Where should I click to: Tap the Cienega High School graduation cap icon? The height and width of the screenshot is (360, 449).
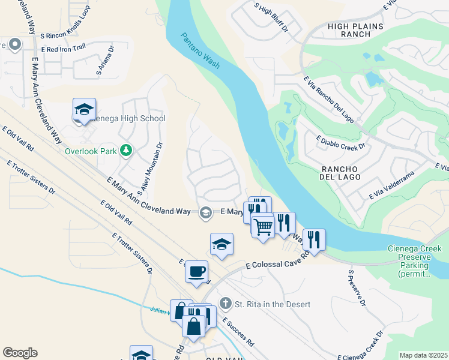click(84, 110)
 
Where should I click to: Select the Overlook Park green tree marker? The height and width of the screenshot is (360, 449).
click(126, 150)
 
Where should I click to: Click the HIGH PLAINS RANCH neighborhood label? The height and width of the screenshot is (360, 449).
click(354, 30)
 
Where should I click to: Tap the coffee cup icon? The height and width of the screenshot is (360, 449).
click(196, 272)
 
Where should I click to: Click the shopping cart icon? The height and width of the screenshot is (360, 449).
click(262, 226)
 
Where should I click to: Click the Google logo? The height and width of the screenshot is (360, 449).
click(20, 353)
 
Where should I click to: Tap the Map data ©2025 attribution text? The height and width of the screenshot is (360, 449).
click(423, 355)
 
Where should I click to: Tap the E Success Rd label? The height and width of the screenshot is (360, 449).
click(238, 334)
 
